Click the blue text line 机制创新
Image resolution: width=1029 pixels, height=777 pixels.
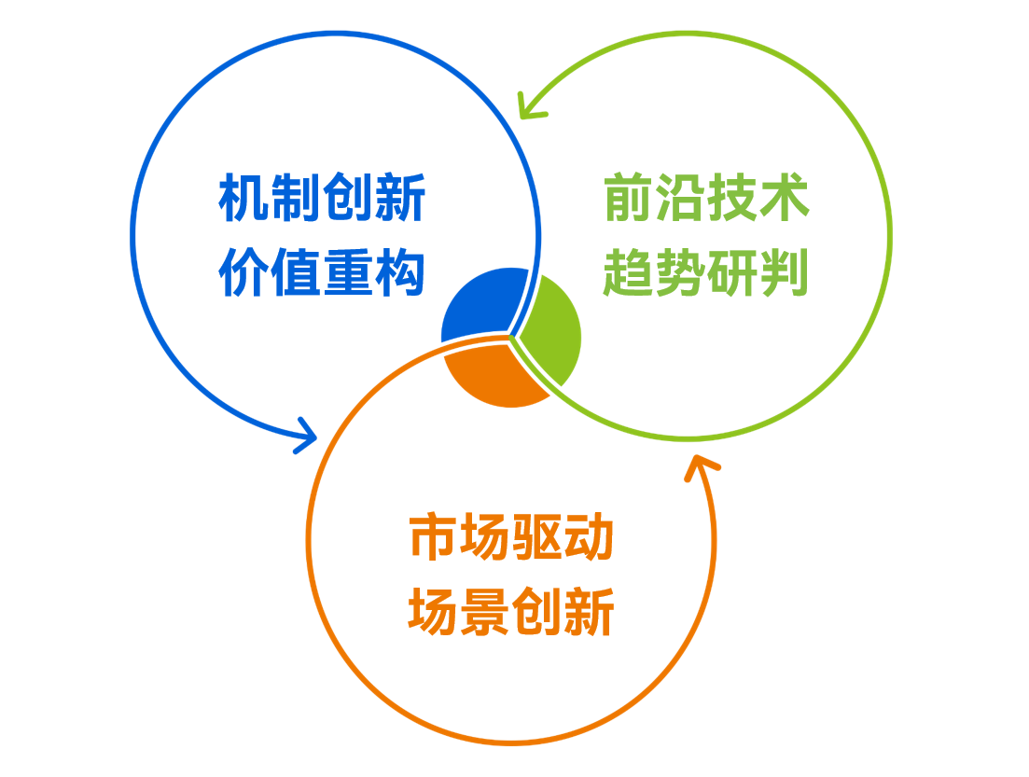(322, 199)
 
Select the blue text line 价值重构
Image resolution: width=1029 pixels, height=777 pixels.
(322, 273)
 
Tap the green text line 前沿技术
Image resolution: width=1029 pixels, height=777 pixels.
(706, 199)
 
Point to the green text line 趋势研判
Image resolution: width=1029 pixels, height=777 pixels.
(706, 273)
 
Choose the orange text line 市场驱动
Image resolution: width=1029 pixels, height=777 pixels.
(511, 538)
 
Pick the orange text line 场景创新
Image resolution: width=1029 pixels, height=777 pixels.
(511, 613)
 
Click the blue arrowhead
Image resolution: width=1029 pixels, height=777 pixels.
(306, 434)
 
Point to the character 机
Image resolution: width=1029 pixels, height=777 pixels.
(244, 199)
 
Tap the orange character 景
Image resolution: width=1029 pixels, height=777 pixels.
(485, 613)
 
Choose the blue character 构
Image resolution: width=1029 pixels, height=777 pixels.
(400, 273)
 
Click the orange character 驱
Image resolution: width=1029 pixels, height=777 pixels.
(537, 538)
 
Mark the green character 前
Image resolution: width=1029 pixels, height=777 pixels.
(629, 199)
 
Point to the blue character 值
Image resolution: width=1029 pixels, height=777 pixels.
(296, 273)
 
